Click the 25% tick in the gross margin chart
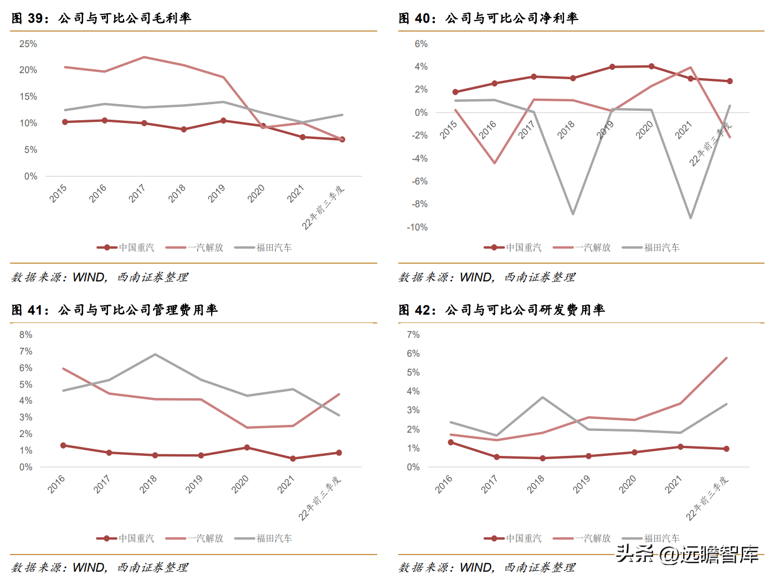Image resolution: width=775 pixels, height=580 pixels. pos(28,44)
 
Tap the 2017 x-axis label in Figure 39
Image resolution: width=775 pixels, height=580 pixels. pos(137,193)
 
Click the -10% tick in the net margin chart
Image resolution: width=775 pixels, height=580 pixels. pos(417,227)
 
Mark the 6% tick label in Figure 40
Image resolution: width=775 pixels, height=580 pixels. pos(421,44)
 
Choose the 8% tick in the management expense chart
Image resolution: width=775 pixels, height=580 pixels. pos(25,335)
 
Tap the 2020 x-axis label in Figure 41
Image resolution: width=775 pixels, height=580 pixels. pos(240,484)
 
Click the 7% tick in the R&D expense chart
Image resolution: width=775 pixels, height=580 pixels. pos(413,335)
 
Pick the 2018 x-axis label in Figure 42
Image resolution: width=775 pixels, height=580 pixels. pos(536,484)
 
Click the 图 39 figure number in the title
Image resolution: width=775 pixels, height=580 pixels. pos(27,18)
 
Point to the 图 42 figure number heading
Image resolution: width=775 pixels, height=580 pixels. pos(414,310)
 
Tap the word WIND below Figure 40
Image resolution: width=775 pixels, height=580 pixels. pos(476,277)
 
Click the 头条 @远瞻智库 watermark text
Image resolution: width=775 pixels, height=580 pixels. pos(687,554)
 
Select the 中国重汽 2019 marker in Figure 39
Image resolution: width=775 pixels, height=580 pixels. pos(223,120)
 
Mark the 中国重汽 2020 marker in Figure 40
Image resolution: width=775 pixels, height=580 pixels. pos(651,66)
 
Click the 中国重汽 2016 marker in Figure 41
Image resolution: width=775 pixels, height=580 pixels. pos(63,445)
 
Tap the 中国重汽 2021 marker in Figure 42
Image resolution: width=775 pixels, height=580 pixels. pos(681,446)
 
